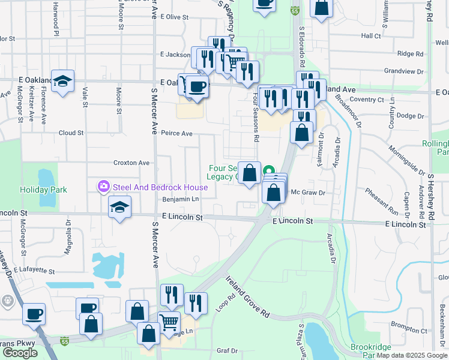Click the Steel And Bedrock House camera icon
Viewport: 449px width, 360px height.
click(104, 187)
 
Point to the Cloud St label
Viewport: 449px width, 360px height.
click(71, 133)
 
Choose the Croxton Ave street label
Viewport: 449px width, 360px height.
click(131, 163)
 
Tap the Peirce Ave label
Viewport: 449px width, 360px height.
click(176, 133)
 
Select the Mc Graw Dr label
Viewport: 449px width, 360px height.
click(307, 193)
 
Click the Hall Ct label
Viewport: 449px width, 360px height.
click(371, 36)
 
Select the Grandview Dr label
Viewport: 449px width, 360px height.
click(404, 71)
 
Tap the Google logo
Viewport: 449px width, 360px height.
click(20, 353)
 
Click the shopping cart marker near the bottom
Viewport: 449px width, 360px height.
click(169, 323)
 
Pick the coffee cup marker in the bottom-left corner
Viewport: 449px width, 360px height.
click(34, 313)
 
